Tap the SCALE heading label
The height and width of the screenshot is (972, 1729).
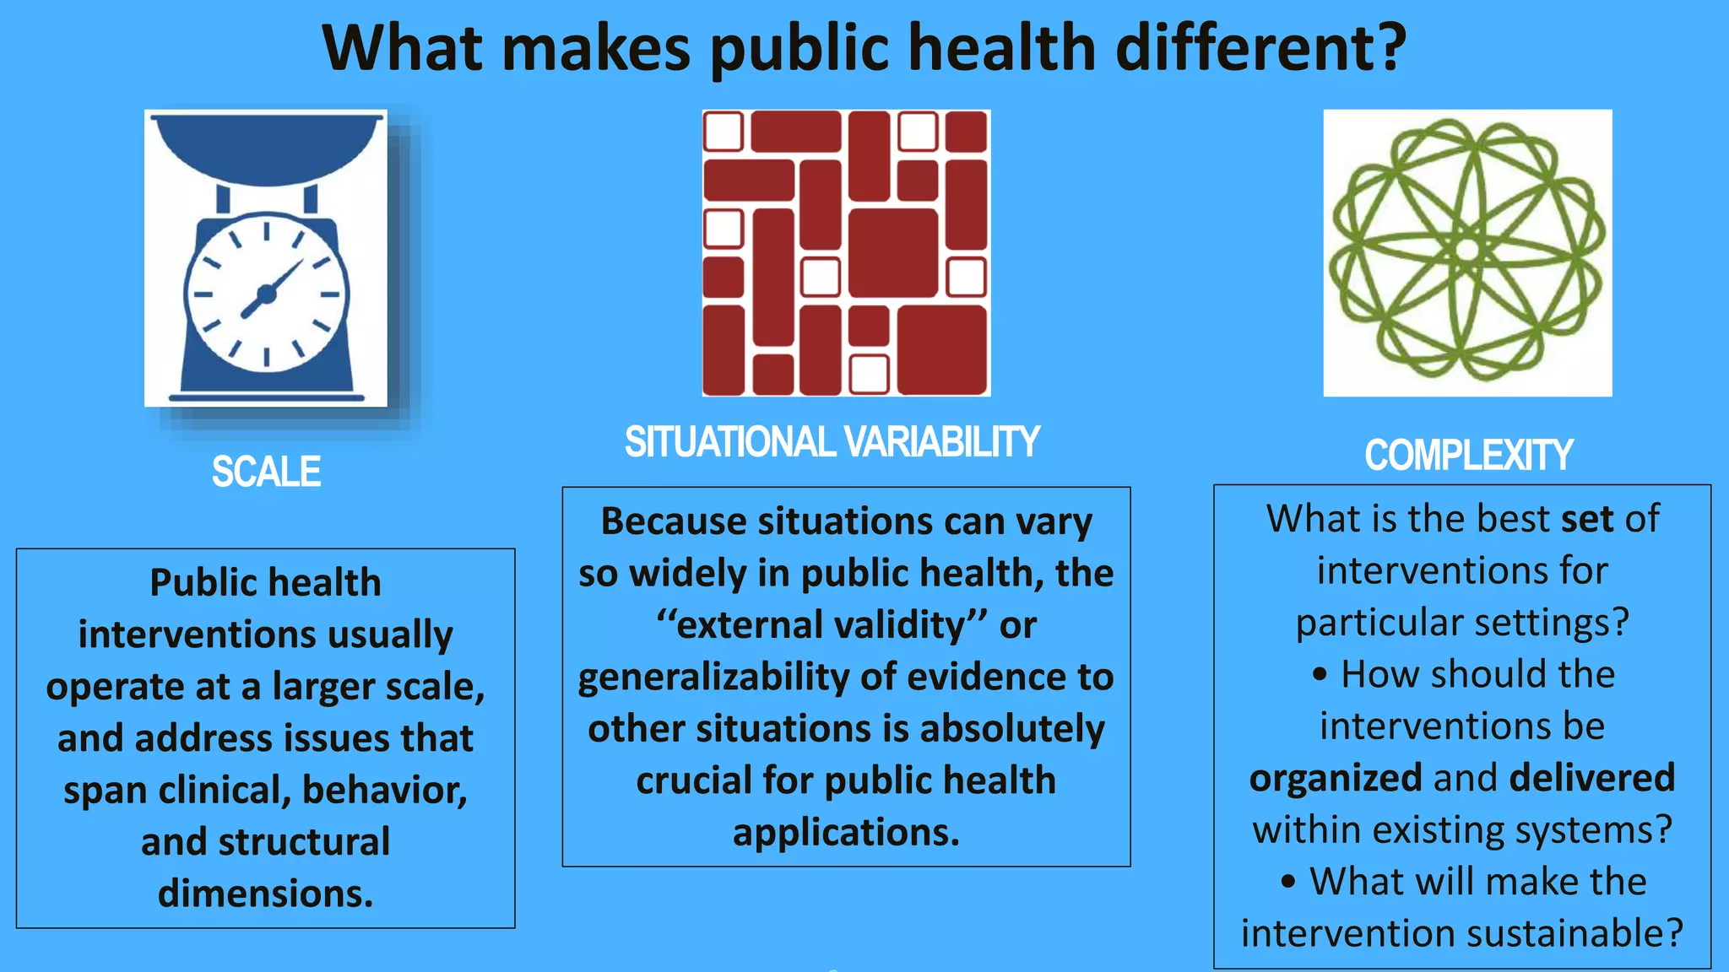coord(266,472)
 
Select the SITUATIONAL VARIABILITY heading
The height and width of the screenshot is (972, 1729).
coord(832,442)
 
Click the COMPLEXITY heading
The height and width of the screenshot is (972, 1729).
coord(1468,456)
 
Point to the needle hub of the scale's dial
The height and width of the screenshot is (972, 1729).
coord(266,294)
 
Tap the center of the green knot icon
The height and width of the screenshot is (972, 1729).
coord(1467,251)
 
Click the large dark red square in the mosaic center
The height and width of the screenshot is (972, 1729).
coord(892,252)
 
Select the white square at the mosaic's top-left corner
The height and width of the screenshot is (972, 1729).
coord(724,132)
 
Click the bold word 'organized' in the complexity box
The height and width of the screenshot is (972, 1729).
coord(1336,778)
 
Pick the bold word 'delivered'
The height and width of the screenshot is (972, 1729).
coord(1591,778)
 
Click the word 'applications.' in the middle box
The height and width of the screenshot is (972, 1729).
coord(846,833)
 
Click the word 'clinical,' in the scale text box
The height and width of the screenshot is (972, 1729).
coord(225,791)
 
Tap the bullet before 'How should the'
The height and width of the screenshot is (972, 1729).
coord(1320,675)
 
